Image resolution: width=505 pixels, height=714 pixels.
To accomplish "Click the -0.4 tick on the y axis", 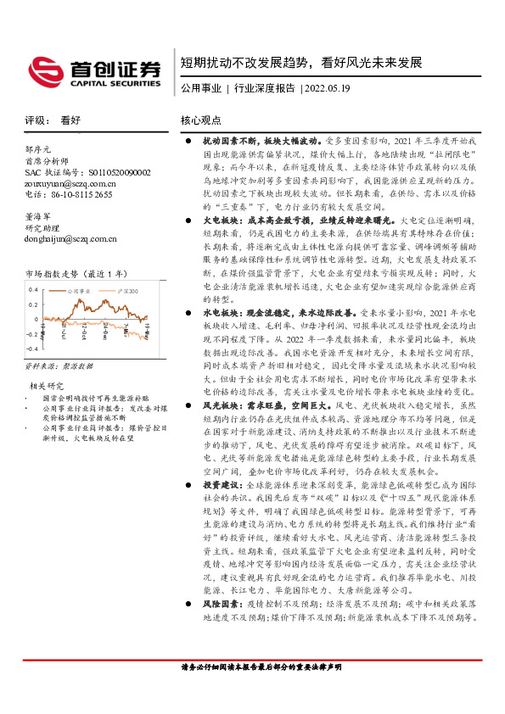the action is tap(31, 349).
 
